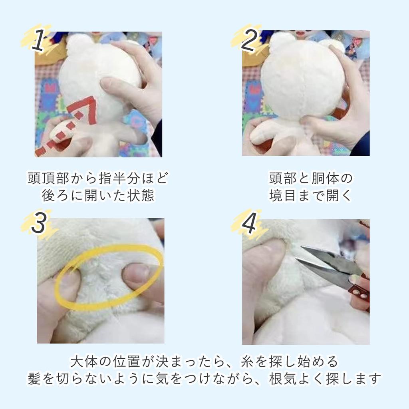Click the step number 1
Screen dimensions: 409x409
click(x=38, y=40)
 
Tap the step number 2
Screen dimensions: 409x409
click(x=250, y=40)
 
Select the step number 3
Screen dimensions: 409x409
click(x=39, y=222)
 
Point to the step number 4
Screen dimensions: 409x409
click(x=249, y=222)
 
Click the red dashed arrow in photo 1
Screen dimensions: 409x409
click(x=68, y=125)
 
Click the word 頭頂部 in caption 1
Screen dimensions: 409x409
click(x=48, y=178)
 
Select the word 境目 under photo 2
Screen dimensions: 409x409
click(x=283, y=195)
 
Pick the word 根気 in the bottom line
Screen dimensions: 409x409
click(x=283, y=379)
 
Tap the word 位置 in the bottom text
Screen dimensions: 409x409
click(x=127, y=361)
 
